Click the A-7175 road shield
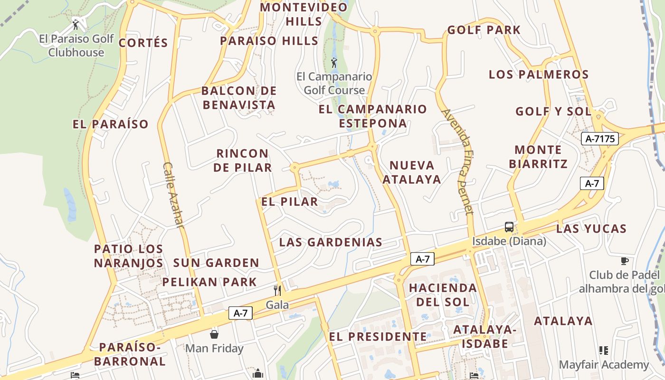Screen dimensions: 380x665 tap(600, 139)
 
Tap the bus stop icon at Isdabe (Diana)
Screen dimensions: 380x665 tap(509, 227)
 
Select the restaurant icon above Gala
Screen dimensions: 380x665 tap(277, 290)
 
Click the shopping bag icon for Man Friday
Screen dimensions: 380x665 tap(214, 334)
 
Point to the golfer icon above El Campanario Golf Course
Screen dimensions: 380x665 tap(334, 62)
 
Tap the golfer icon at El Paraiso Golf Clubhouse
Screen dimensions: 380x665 tap(76, 24)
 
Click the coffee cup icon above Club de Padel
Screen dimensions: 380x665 tap(625, 261)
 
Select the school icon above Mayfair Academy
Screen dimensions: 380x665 tap(604, 351)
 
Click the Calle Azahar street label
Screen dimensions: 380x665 tap(173, 195)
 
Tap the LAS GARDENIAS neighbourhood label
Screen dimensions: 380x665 tap(331, 242)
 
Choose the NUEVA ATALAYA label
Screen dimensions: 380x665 tap(412, 172)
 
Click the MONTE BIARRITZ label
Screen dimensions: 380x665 tap(538, 157)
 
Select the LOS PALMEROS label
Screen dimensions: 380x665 tap(539, 75)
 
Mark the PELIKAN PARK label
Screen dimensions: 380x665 tap(209, 282)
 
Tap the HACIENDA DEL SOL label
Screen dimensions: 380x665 tap(443, 294)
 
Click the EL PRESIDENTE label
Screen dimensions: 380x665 tap(378, 337)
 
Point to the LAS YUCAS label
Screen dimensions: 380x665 tap(591, 228)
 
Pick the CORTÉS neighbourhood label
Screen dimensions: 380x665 tap(143, 43)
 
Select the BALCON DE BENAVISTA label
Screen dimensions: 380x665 tap(239, 97)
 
